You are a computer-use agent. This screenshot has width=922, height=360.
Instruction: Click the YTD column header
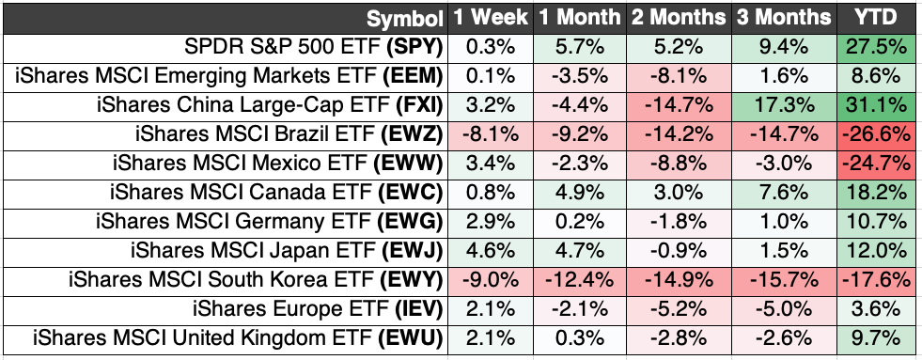pos(876,18)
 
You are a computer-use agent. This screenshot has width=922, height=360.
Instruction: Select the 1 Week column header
pos(491,18)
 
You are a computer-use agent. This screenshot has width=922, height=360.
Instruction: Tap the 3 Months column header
pos(785,18)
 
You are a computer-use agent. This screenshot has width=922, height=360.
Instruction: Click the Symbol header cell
pos(404,18)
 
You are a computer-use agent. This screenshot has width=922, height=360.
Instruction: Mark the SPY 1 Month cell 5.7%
pos(579,46)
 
